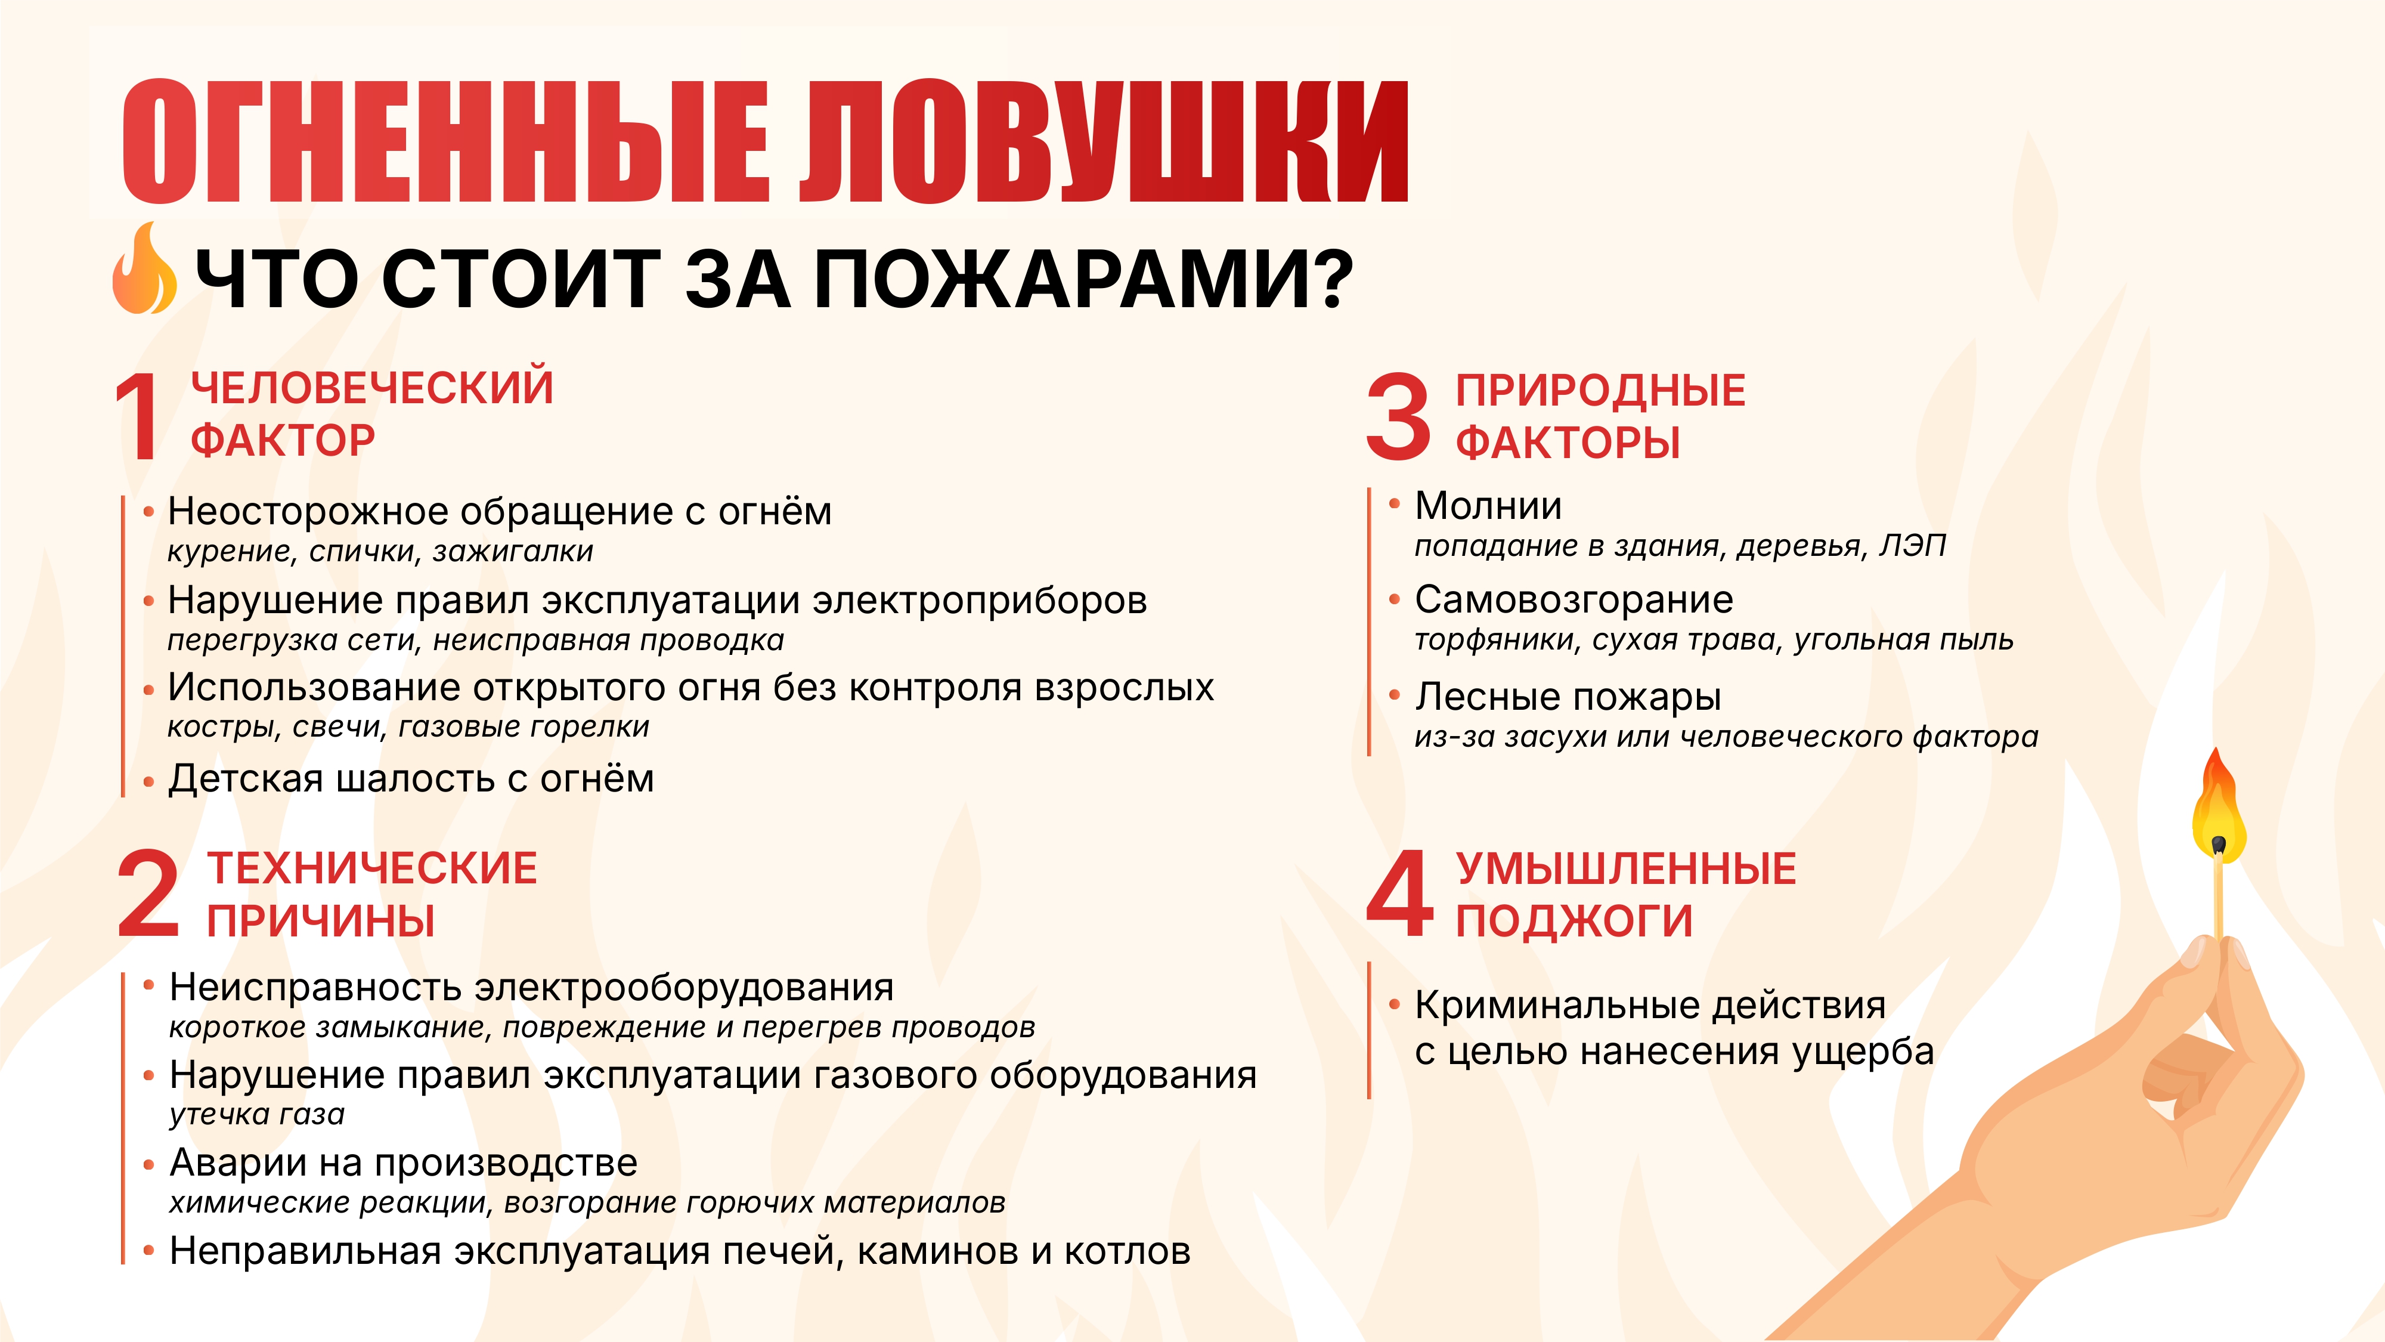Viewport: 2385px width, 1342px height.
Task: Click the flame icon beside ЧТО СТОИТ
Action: tap(144, 268)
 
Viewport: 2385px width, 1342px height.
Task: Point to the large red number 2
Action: tap(148, 893)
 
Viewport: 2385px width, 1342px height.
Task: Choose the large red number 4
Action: tap(1401, 893)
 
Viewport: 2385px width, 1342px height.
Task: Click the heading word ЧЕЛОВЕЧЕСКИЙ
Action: tap(372, 387)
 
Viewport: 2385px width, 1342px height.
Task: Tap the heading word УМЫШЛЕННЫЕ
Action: tap(1626, 869)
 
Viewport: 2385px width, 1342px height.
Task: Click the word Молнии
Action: tap(1489, 506)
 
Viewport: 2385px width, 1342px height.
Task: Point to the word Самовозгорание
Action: tap(1574, 600)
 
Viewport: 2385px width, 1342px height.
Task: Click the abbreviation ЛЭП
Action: tap(1913, 546)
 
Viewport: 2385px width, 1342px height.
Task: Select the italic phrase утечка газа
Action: tap(258, 1114)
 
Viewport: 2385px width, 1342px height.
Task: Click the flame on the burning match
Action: tap(2218, 806)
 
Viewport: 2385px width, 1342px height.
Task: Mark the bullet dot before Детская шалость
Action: tap(148, 783)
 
